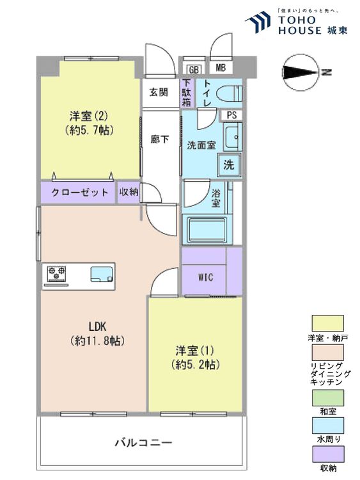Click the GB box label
pos(192,69)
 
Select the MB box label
pos(220,68)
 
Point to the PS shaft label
pos(231,115)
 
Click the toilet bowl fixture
pos(229,93)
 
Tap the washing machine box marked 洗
pos(228,164)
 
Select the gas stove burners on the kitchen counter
pos(56,275)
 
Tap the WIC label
pos(205,277)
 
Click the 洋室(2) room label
pos(89,116)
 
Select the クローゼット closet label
pos(79,193)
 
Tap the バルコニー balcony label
pos(143,442)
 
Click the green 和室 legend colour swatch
pos(327,397)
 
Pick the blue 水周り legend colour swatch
pos(327,426)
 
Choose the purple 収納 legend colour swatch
pos(327,454)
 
